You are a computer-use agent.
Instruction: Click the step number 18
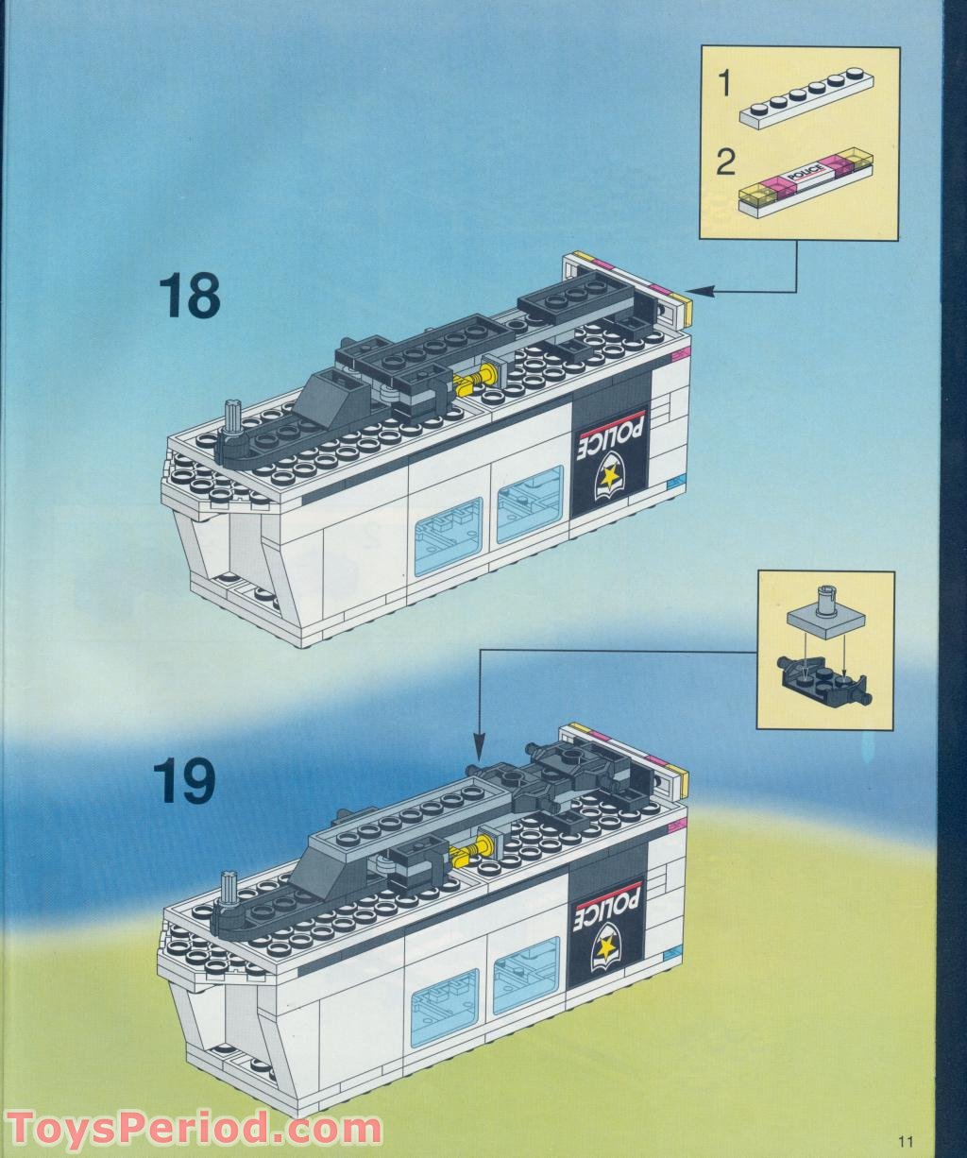coord(190,297)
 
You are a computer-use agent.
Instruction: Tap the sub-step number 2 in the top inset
coord(725,163)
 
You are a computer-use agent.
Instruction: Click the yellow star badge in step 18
coord(610,474)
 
